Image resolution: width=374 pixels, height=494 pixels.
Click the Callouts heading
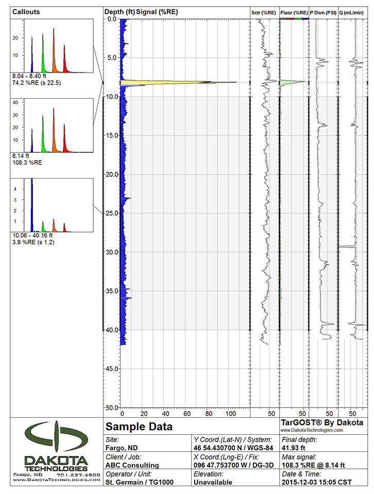coord(26,11)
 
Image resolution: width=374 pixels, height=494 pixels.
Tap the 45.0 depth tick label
coord(111,368)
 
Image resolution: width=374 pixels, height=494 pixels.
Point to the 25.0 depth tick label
coord(111,213)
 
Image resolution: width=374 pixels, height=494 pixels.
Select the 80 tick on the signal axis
coord(209,413)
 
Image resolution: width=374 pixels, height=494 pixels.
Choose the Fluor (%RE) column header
coord(294,12)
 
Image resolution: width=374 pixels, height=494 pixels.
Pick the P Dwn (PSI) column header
coord(323,12)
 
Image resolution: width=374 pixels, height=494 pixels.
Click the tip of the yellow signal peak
coord(236,82)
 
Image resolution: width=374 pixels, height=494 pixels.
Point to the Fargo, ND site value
coord(122,448)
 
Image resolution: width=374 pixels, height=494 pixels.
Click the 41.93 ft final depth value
coord(295,448)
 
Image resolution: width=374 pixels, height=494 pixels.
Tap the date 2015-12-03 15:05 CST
coord(319,482)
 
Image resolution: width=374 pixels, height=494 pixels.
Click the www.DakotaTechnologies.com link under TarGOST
coord(311,430)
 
